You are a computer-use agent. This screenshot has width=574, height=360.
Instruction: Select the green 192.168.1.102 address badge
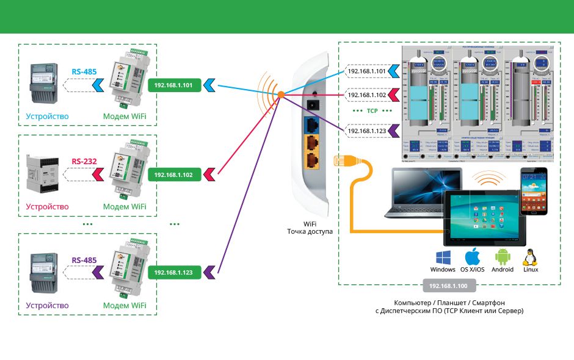[x=173, y=175]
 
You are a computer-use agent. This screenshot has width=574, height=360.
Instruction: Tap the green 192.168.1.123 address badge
[x=173, y=272]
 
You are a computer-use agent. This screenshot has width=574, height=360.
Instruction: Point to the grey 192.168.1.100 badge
[x=448, y=286]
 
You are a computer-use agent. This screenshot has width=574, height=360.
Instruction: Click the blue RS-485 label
[x=84, y=71]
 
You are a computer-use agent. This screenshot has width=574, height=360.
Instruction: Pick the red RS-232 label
[x=84, y=162]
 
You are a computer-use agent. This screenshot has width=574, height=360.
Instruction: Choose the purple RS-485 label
[x=84, y=260]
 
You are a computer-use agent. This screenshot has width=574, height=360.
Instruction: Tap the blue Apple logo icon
[x=473, y=256]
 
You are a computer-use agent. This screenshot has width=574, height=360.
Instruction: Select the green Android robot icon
[x=502, y=256]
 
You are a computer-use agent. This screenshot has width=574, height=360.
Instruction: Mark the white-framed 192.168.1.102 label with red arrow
[x=366, y=95]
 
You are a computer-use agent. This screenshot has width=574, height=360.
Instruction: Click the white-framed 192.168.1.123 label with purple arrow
[x=366, y=130]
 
